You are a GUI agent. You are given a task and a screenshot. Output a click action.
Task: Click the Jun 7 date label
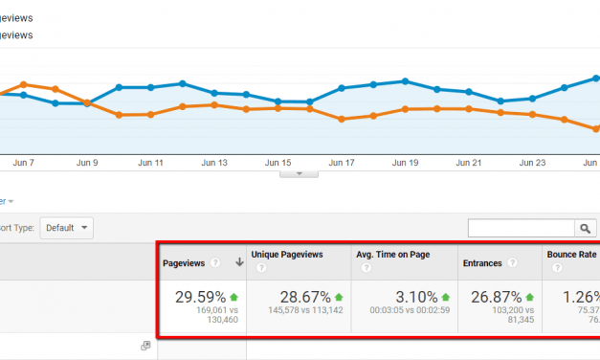pyautogui.click(x=25, y=163)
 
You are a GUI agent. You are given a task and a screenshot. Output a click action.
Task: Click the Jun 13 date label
pyautogui.click(x=214, y=163)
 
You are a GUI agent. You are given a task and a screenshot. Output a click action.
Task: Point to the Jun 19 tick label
pyautogui.click(x=405, y=163)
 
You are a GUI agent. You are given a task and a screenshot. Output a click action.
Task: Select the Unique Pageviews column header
pyautogui.click(x=286, y=255)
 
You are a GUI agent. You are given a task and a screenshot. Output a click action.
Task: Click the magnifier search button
pyautogui.click(x=584, y=228)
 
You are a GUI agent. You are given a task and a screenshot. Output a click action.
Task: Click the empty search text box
pyautogui.click(x=521, y=228)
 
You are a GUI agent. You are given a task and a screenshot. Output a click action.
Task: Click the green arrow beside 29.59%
pyautogui.click(x=233, y=297)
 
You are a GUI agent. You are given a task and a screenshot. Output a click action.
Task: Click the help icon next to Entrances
pyautogui.click(x=514, y=262)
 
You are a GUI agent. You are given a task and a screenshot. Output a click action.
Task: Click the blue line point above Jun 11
pyautogui.click(x=151, y=87)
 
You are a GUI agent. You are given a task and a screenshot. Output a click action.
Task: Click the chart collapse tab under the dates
pyautogui.click(x=299, y=174)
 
